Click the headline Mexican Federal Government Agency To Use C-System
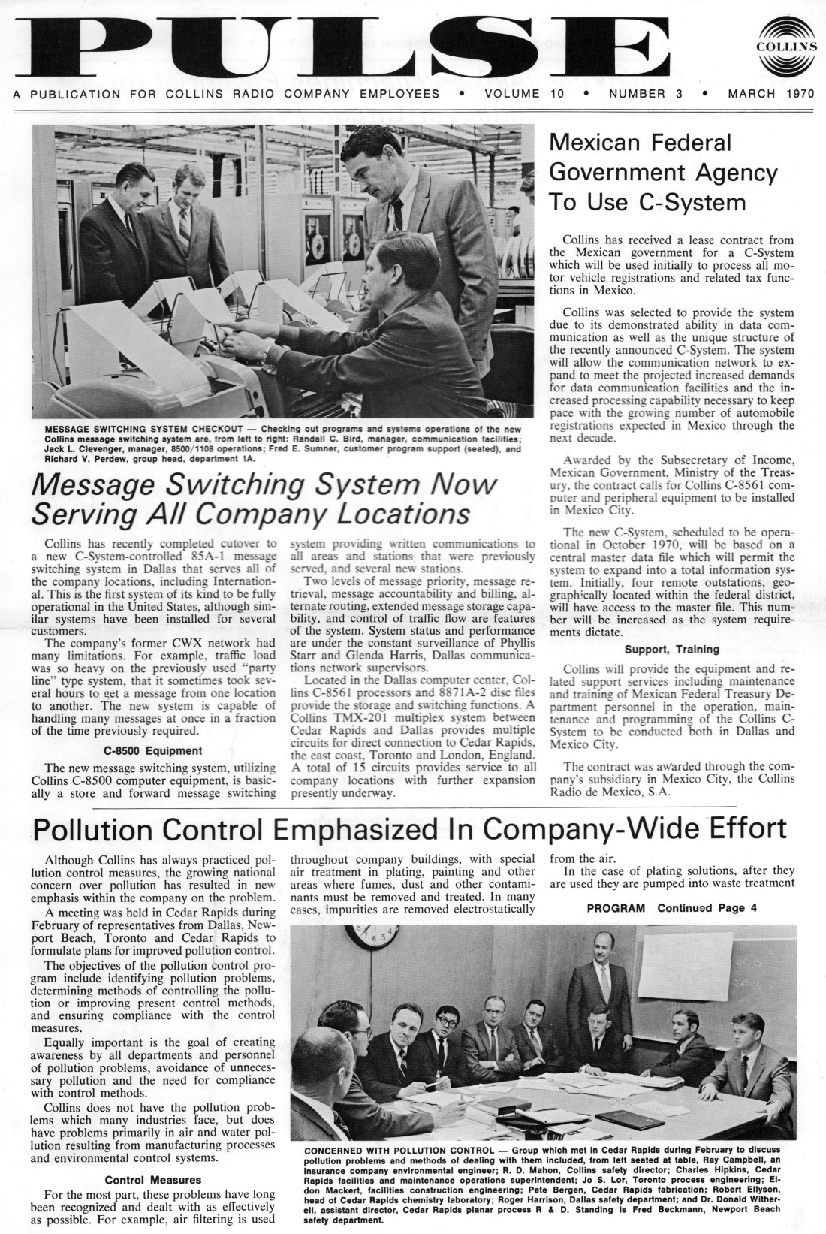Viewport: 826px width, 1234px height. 663,172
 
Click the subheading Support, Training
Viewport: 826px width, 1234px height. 671,649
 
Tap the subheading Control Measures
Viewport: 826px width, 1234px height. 152,1180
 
